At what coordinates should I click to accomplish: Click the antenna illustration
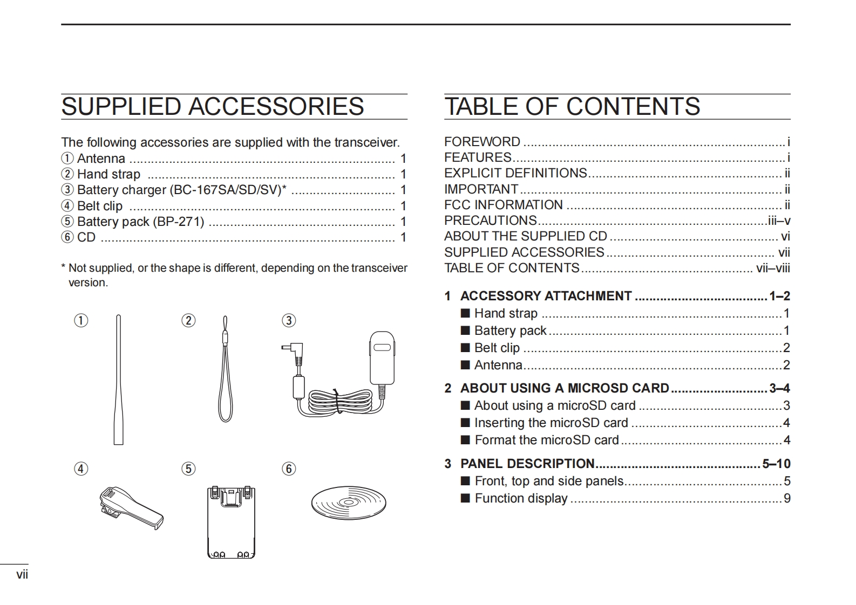[x=119, y=380]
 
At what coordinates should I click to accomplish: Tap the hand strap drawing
[x=225, y=372]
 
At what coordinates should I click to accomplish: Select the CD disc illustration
[x=349, y=504]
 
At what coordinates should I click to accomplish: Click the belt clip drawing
[x=131, y=507]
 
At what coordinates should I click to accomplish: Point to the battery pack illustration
[x=231, y=522]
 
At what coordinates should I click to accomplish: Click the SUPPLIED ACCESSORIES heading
[x=213, y=107]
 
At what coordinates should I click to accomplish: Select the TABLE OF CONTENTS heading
[x=572, y=107]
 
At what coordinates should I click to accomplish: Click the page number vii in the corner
[x=22, y=574]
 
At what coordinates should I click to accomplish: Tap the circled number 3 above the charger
[x=289, y=321]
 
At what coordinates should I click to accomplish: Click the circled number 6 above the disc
[x=289, y=469]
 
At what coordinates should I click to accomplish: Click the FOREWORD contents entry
[x=482, y=142]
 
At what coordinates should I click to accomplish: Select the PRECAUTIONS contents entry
[x=490, y=221]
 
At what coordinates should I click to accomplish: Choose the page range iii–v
[x=779, y=221]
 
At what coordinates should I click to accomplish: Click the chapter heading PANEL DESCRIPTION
[x=527, y=464]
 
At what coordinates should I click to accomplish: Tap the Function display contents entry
[x=521, y=498]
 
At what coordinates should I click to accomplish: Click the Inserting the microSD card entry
[x=551, y=423]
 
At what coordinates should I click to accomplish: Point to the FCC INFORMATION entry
[x=503, y=205]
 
